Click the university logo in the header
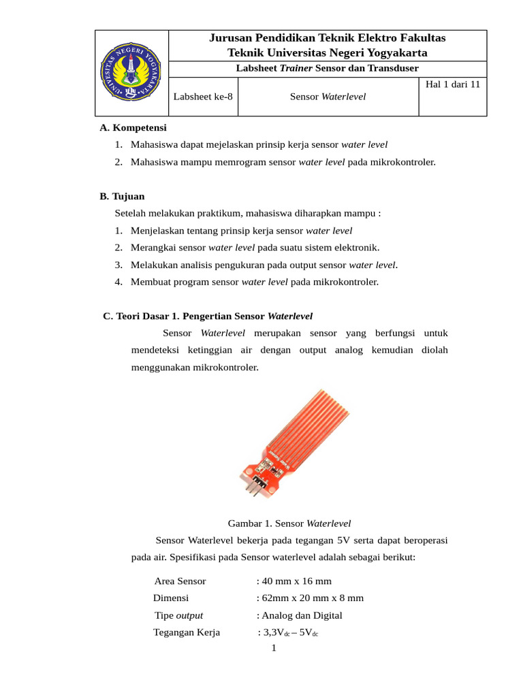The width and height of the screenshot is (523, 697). coord(131,73)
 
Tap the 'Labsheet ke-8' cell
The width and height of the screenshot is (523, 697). coord(202,97)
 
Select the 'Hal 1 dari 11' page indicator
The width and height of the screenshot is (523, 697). coord(452,84)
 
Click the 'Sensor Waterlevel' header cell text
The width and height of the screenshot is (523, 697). coord(328,97)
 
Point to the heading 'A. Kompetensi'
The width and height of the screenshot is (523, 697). coord(133,127)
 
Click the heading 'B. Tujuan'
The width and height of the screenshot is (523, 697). coord(122,196)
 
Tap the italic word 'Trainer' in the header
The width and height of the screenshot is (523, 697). coord(294,68)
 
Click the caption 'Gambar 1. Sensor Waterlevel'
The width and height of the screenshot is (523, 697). coord(289,523)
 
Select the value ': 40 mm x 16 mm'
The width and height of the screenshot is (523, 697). coord(294,581)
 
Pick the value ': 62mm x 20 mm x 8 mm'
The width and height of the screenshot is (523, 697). coord(310,598)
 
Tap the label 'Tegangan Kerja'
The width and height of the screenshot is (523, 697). coord(187,632)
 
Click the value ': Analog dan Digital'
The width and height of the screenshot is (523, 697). coord(299,615)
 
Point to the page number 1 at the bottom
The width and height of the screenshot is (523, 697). coord(274,648)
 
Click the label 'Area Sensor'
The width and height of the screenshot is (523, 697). coord(180,581)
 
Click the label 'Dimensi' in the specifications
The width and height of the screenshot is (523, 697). coord(171,598)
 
